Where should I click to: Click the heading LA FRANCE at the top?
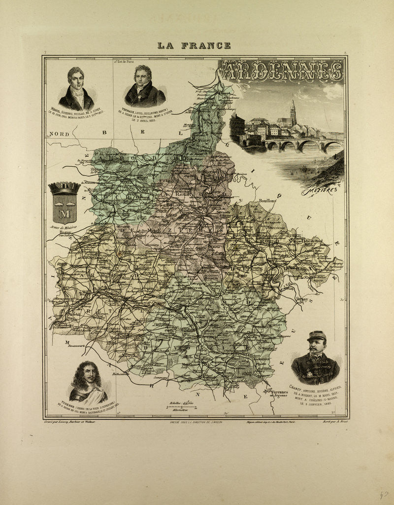pos(194,45)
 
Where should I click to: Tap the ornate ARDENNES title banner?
pos(282,71)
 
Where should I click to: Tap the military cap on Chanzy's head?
pos(316,336)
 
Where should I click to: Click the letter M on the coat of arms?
pos(65,214)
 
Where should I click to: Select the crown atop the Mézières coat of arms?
pos(64,188)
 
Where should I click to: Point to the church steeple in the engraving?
pos(293,111)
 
